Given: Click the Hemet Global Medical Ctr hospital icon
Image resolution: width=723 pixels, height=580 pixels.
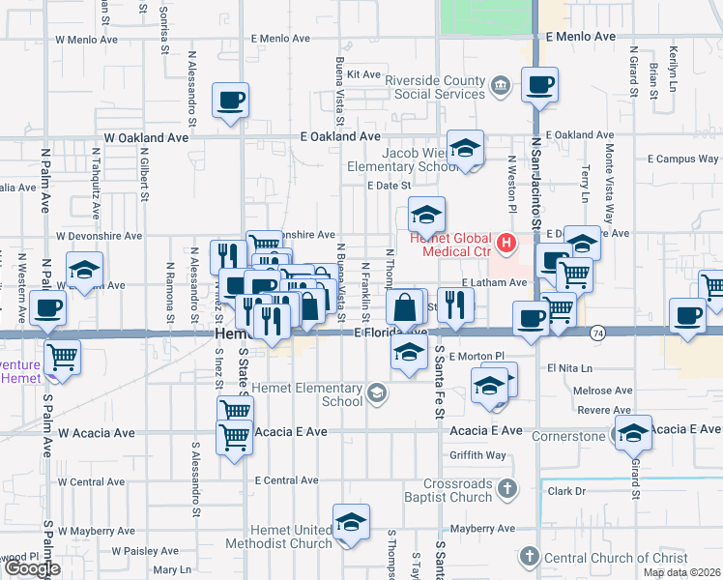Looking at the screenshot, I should point(505,242).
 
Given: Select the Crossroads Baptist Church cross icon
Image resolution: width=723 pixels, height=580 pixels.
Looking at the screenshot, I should point(505,490).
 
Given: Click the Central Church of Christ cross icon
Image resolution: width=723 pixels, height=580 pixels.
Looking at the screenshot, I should point(528,556).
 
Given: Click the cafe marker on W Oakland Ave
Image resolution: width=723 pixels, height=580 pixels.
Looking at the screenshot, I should point(231,101).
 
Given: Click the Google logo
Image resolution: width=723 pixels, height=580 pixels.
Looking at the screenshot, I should point(31,568).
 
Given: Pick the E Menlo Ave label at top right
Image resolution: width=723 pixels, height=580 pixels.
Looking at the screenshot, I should point(580,37).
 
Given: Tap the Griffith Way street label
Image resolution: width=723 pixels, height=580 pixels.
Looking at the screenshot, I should point(477,455).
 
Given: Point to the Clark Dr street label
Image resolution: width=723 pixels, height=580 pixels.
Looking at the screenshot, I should point(566,491).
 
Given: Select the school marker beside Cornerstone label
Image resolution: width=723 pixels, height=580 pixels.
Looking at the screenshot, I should point(633,435).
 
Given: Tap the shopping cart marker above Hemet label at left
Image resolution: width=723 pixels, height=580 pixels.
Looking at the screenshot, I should point(62,357).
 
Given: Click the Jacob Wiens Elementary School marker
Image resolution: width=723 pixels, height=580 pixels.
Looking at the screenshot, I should point(465,150).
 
